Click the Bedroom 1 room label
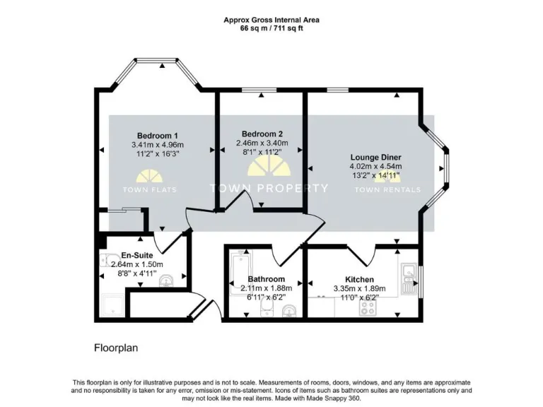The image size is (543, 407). coord(157,136)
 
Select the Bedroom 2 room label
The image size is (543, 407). coord(262,134)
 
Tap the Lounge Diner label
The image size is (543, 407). coord(375,157)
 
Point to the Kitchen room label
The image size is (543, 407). coord(359,279)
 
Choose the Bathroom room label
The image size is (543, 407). coord(266,279)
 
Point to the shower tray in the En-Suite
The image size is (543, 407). coord(113,305)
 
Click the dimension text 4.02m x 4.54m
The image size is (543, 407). coord(375,167)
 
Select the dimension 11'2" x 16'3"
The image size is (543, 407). coord(157,155)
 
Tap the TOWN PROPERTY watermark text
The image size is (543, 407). coord(269,188)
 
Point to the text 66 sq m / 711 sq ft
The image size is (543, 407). coord(271,30)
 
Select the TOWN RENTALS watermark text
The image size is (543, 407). coord(387,189)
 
